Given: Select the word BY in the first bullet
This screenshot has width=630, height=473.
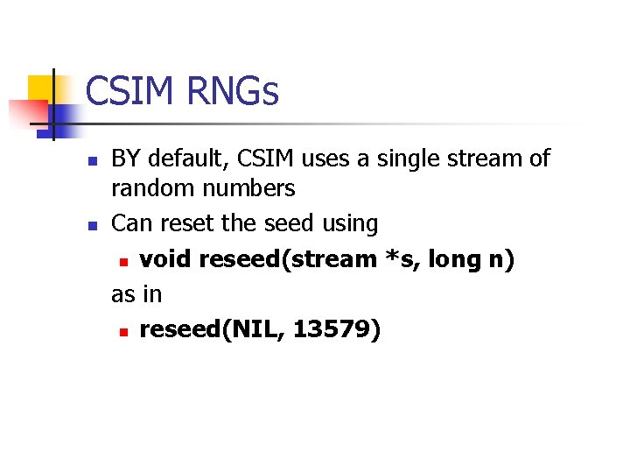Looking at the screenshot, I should (x=126, y=159).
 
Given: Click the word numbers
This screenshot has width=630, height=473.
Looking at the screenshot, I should (x=252, y=188).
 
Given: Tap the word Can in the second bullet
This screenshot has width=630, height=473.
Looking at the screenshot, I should (x=131, y=223).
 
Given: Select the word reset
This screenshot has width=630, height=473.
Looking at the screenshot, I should (x=186, y=223).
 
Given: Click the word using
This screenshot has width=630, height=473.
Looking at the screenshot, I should (x=349, y=223).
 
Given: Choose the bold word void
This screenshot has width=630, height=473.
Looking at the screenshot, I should (x=165, y=259).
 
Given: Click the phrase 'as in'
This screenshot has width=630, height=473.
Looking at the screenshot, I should (x=136, y=294).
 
